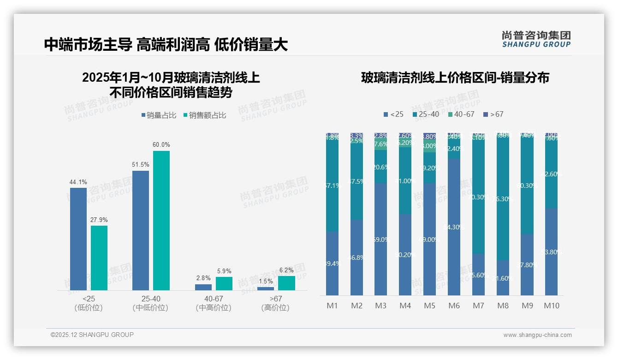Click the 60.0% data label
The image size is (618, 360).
pos(161,145)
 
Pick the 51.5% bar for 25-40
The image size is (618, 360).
pos(141,230)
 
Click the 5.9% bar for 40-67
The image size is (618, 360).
pos(224,283)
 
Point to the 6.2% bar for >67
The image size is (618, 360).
pos(286,283)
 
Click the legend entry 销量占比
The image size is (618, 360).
pos(159,115)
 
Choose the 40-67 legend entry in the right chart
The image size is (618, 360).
pos(461,114)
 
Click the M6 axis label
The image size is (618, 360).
pos(454,306)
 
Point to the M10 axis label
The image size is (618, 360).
pos(552,306)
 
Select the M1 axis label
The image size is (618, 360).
pos(332,306)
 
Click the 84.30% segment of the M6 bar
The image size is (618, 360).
pos(454,227)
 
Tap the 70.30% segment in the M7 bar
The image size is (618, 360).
pos(478,197)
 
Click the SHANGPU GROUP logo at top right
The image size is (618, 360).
pos(536,39)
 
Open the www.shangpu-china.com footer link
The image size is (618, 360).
pos(537,335)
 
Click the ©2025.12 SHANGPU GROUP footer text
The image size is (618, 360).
pos(92,335)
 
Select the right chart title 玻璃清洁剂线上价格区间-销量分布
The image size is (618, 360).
pos(455,78)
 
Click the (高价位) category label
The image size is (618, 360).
pos(275,308)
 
